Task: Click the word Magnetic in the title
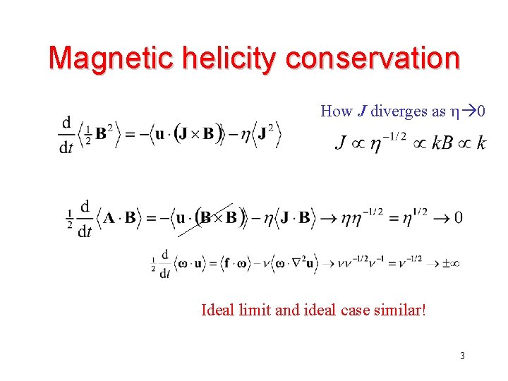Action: click(x=107, y=58)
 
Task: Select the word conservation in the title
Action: click(x=373, y=58)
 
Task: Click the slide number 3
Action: click(x=462, y=356)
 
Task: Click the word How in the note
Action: click(x=336, y=111)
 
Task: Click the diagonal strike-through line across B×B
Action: click(x=205, y=219)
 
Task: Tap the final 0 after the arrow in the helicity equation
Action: click(x=459, y=217)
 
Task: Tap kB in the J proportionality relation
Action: click(x=442, y=144)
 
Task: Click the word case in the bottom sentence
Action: click(x=358, y=309)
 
